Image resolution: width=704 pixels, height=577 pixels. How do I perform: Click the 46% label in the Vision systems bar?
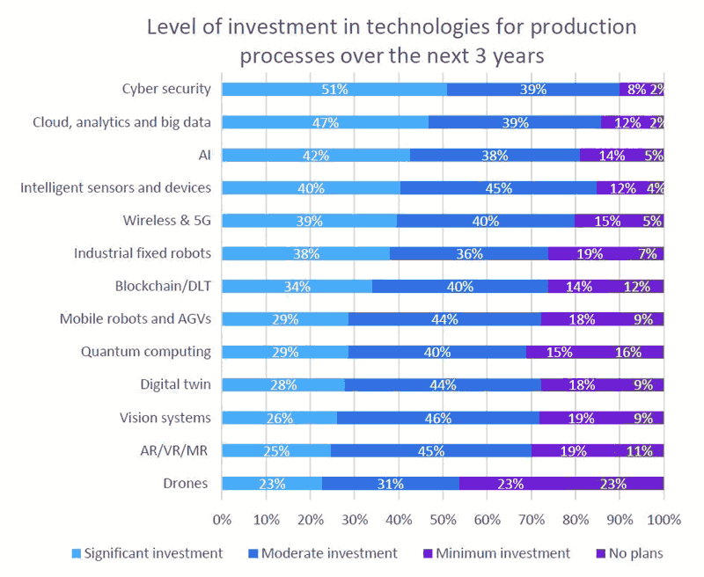[x=437, y=418]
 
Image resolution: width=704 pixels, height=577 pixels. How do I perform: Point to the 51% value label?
[x=335, y=89]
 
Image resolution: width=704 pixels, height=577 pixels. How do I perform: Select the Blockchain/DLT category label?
[x=163, y=286]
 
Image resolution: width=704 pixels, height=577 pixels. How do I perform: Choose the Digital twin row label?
[x=175, y=383]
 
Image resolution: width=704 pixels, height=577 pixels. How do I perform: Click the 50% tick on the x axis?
[x=443, y=519]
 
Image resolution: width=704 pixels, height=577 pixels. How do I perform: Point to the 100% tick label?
[x=663, y=519]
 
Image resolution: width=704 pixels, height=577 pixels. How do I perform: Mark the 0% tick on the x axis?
[x=222, y=519]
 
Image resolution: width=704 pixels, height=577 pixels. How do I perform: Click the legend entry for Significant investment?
[x=147, y=553]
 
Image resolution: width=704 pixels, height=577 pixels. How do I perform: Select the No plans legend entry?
[x=629, y=553]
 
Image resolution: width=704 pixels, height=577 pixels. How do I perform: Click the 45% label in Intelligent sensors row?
[x=498, y=187]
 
